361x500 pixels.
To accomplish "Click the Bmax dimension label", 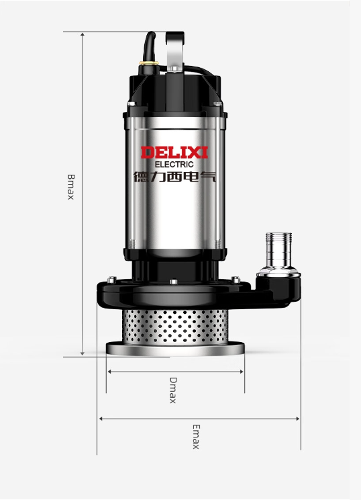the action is pos(70,187).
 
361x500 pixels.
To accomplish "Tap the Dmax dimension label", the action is pos(173,390).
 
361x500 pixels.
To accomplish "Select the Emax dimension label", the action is pos(196,437).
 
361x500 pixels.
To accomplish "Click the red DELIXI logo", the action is pos(174,153).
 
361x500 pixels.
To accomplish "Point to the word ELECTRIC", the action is pos(174,165).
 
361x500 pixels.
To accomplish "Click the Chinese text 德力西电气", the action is pos(174,176).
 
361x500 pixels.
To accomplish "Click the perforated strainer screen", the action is pos(174,326).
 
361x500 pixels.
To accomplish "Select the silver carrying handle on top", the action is pos(174,51).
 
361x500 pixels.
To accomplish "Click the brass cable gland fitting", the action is pos(149,63).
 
